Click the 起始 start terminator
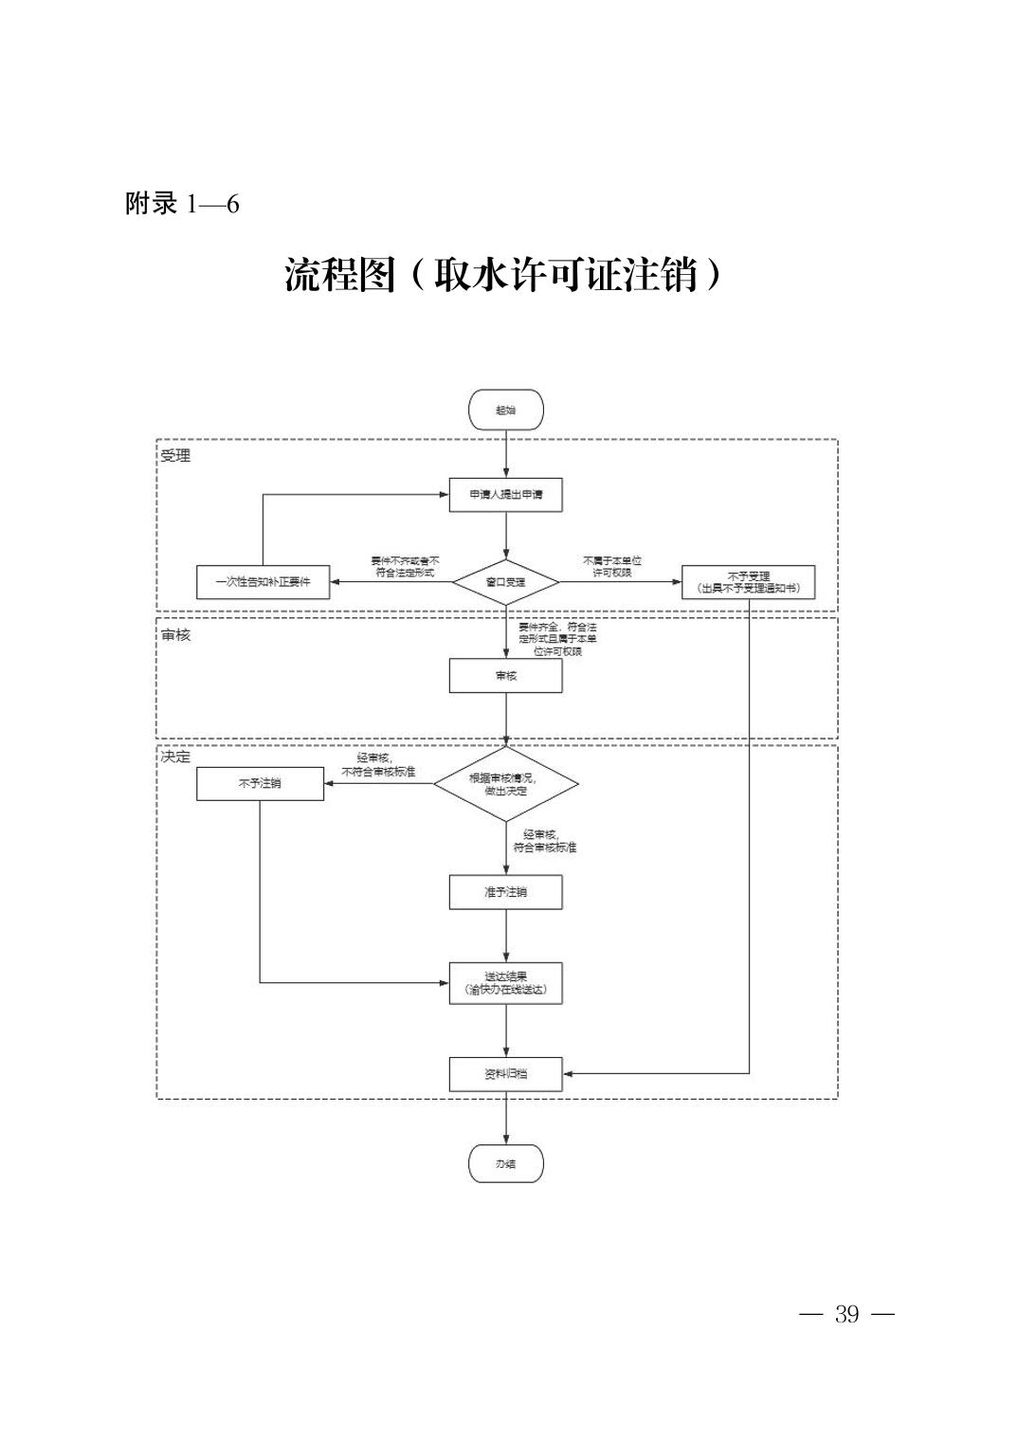506,410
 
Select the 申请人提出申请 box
506,495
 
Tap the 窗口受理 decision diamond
506,581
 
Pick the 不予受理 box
748,582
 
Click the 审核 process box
506,676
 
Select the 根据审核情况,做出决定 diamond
506,784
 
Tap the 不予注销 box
260,784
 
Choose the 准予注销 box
506,892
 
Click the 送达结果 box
506,983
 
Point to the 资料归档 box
506,1074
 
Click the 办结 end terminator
506,1163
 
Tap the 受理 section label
175,456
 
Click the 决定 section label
175,757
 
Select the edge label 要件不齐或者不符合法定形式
405,567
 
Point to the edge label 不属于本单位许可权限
611,567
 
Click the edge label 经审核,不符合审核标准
378,765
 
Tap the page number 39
846,1314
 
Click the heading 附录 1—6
182,204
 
